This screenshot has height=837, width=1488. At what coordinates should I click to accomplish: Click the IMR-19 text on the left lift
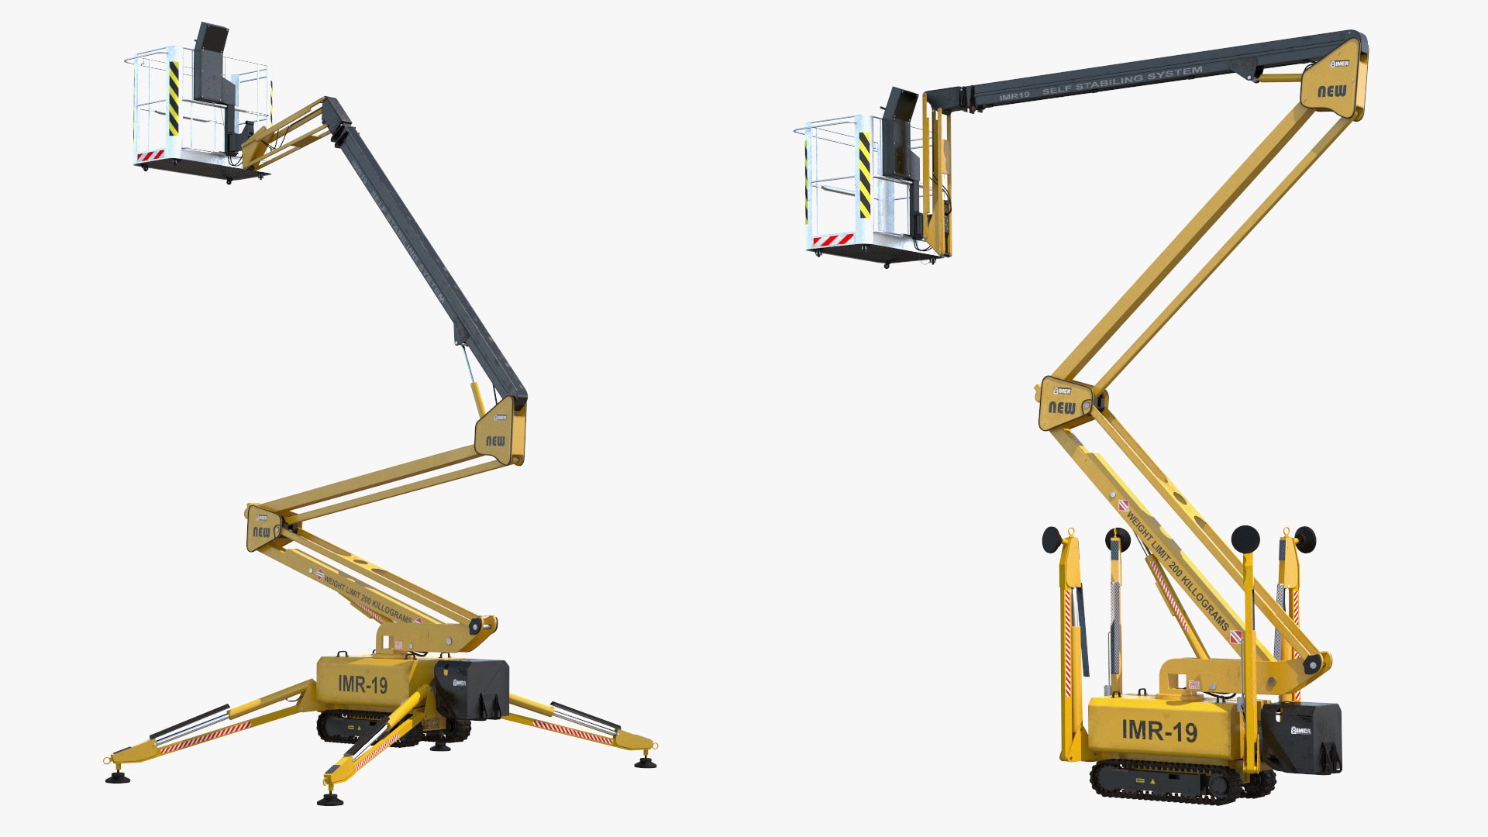coord(363,684)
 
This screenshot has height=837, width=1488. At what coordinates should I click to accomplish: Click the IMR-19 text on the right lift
coord(1159,730)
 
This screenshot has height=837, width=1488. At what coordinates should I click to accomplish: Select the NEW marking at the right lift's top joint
coord(1332,91)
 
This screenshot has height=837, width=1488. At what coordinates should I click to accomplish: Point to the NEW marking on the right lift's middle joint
coord(1062,408)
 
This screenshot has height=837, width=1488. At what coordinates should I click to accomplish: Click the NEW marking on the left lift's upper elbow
coord(495,441)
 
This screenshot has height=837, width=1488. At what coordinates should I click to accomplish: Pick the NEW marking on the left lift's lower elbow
coord(261,532)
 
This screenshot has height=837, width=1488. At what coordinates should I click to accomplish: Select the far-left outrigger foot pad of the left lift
coord(118,777)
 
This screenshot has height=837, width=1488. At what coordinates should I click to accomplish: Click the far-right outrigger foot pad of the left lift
coord(645,763)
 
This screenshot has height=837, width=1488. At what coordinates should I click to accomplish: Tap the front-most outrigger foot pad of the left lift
coord(329,799)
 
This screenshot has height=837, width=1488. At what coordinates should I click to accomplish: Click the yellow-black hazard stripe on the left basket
coord(174,98)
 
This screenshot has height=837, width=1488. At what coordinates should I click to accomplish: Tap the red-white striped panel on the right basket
coord(833,239)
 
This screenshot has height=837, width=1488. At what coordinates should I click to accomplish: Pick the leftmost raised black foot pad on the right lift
coord(1052,539)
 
